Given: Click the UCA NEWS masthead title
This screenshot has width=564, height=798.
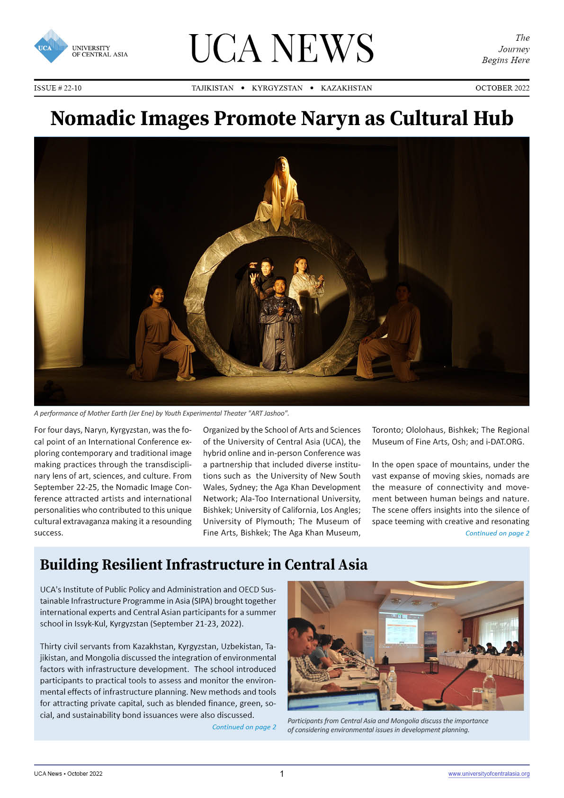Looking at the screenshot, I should pos(281,48).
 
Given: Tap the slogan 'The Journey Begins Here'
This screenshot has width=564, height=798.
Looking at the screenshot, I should pos(506,49).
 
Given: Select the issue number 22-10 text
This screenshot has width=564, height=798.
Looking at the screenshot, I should pos(58,88).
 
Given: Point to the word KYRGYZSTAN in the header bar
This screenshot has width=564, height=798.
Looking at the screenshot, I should pos(277,88).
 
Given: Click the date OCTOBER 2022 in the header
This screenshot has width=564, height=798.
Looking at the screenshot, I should pos(502,88).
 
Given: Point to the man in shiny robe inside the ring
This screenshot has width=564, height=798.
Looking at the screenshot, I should pos(280,322).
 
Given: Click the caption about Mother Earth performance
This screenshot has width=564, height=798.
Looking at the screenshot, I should pos(161,413).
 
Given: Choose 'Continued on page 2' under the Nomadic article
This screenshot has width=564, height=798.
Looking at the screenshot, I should pos(497,533).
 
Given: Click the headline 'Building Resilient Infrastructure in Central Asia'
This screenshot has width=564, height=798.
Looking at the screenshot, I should pos(204,565).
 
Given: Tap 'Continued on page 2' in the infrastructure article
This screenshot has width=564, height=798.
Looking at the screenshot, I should pos(244,727).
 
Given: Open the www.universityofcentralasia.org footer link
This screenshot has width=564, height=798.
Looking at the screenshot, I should pos(489,774).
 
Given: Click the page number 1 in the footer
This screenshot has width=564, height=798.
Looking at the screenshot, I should pos(282,774).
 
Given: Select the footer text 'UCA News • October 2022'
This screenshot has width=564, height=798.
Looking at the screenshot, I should pos(68,774).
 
